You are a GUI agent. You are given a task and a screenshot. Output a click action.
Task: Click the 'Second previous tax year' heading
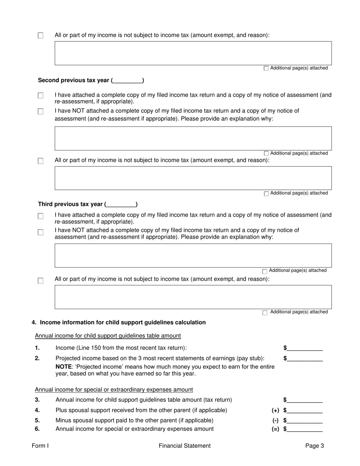74,80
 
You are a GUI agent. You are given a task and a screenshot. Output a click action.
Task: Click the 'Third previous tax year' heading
70,204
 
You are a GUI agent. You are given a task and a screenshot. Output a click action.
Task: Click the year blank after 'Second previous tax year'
128,81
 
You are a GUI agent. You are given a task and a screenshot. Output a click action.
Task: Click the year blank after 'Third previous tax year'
121,205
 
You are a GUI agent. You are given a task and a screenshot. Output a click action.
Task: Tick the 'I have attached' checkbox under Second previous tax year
41,96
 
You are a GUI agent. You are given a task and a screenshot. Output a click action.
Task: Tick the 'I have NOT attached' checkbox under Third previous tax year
41,232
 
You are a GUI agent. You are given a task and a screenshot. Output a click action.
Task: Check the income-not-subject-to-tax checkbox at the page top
41,36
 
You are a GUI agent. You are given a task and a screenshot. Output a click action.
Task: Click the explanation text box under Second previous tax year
193,138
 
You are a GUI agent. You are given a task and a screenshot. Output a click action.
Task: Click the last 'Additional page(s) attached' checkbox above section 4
265,313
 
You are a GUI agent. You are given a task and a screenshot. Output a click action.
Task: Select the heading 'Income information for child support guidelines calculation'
123,322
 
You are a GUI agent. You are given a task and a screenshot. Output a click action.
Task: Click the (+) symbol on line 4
275,410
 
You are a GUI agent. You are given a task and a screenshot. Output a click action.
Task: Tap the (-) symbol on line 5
275,421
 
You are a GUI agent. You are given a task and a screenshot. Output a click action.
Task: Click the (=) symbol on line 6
275,429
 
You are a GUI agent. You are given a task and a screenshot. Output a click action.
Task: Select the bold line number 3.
37,400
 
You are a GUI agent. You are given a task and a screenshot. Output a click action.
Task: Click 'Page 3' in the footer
315,446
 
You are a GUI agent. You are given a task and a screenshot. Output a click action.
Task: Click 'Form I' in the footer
40,446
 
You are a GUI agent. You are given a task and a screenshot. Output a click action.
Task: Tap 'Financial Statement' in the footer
185,446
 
